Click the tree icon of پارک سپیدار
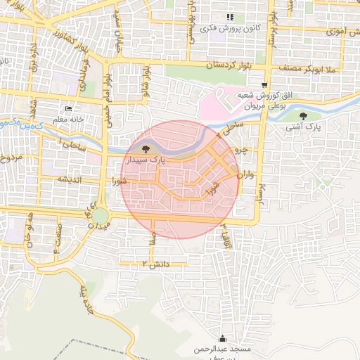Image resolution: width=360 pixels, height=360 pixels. (146, 149)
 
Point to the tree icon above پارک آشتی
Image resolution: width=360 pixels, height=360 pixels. (303, 117)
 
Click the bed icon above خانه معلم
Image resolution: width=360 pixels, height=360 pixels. (68, 109)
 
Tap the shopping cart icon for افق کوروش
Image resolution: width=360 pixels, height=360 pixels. (264, 84)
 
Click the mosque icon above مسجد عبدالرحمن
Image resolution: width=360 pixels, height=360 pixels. (223, 337)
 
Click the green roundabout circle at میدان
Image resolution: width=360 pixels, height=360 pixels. (101, 215)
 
